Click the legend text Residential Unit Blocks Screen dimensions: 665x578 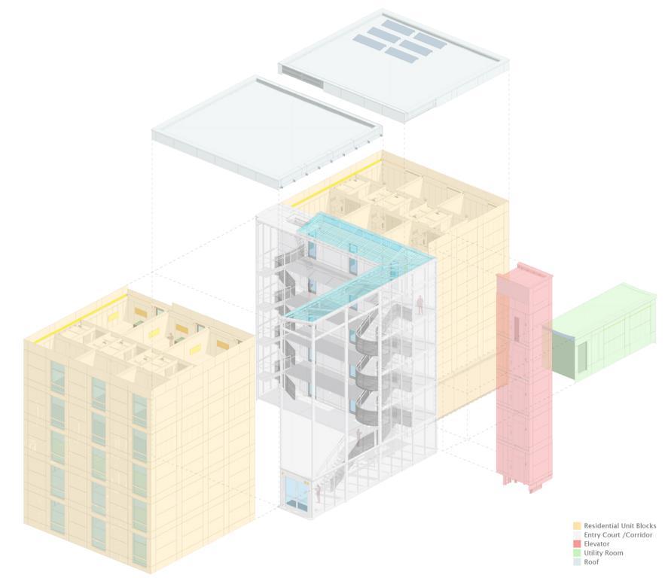pyautogui.click(x=620, y=526)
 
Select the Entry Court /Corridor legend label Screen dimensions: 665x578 pyautogui.click(x=618, y=535)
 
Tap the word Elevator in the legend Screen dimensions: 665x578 pyautogui.click(x=596, y=544)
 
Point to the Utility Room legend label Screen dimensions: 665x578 pyautogui.click(x=603, y=553)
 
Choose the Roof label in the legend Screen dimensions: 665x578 pyautogui.click(x=591, y=562)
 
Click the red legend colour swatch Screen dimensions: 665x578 pyautogui.click(x=577, y=544)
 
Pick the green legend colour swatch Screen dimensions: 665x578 pyautogui.click(x=577, y=553)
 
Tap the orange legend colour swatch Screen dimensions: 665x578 pyautogui.click(x=577, y=526)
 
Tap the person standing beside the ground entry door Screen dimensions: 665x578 pyautogui.click(x=319, y=493)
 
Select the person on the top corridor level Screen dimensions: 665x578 pyautogui.click(x=419, y=303)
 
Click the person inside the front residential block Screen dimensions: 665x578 pyautogui.click(x=171, y=338)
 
